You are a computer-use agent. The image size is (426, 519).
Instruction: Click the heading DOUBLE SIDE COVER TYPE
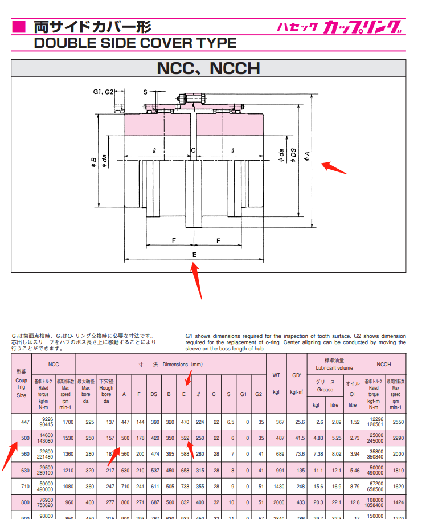click(135, 43)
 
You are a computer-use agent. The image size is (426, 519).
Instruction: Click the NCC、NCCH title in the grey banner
click(208, 68)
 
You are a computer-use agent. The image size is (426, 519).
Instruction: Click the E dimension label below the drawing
click(194, 254)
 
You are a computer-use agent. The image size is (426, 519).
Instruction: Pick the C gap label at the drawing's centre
click(194, 150)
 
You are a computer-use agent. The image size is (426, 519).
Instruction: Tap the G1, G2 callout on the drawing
click(104, 91)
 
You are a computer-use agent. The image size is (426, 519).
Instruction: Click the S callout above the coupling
click(145, 91)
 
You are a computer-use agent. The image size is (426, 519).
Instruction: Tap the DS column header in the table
click(154, 394)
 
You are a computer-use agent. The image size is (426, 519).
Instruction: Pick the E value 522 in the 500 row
click(185, 438)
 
